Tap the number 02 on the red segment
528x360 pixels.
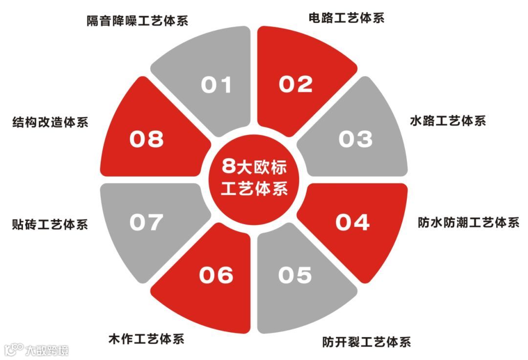[x=295, y=84]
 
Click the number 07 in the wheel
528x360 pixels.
[x=146, y=223]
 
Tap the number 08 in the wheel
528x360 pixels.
[x=146, y=139]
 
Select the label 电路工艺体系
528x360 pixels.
[x=347, y=18]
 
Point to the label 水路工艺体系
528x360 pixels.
[x=448, y=120]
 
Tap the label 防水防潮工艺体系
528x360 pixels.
[x=468, y=223]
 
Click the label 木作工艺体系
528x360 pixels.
[x=146, y=338]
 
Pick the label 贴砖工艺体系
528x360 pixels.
[x=50, y=225]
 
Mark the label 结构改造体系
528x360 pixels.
[x=50, y=122]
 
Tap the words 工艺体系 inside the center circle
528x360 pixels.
[x=254, y=188]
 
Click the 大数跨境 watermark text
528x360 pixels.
[x=47, y=350]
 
